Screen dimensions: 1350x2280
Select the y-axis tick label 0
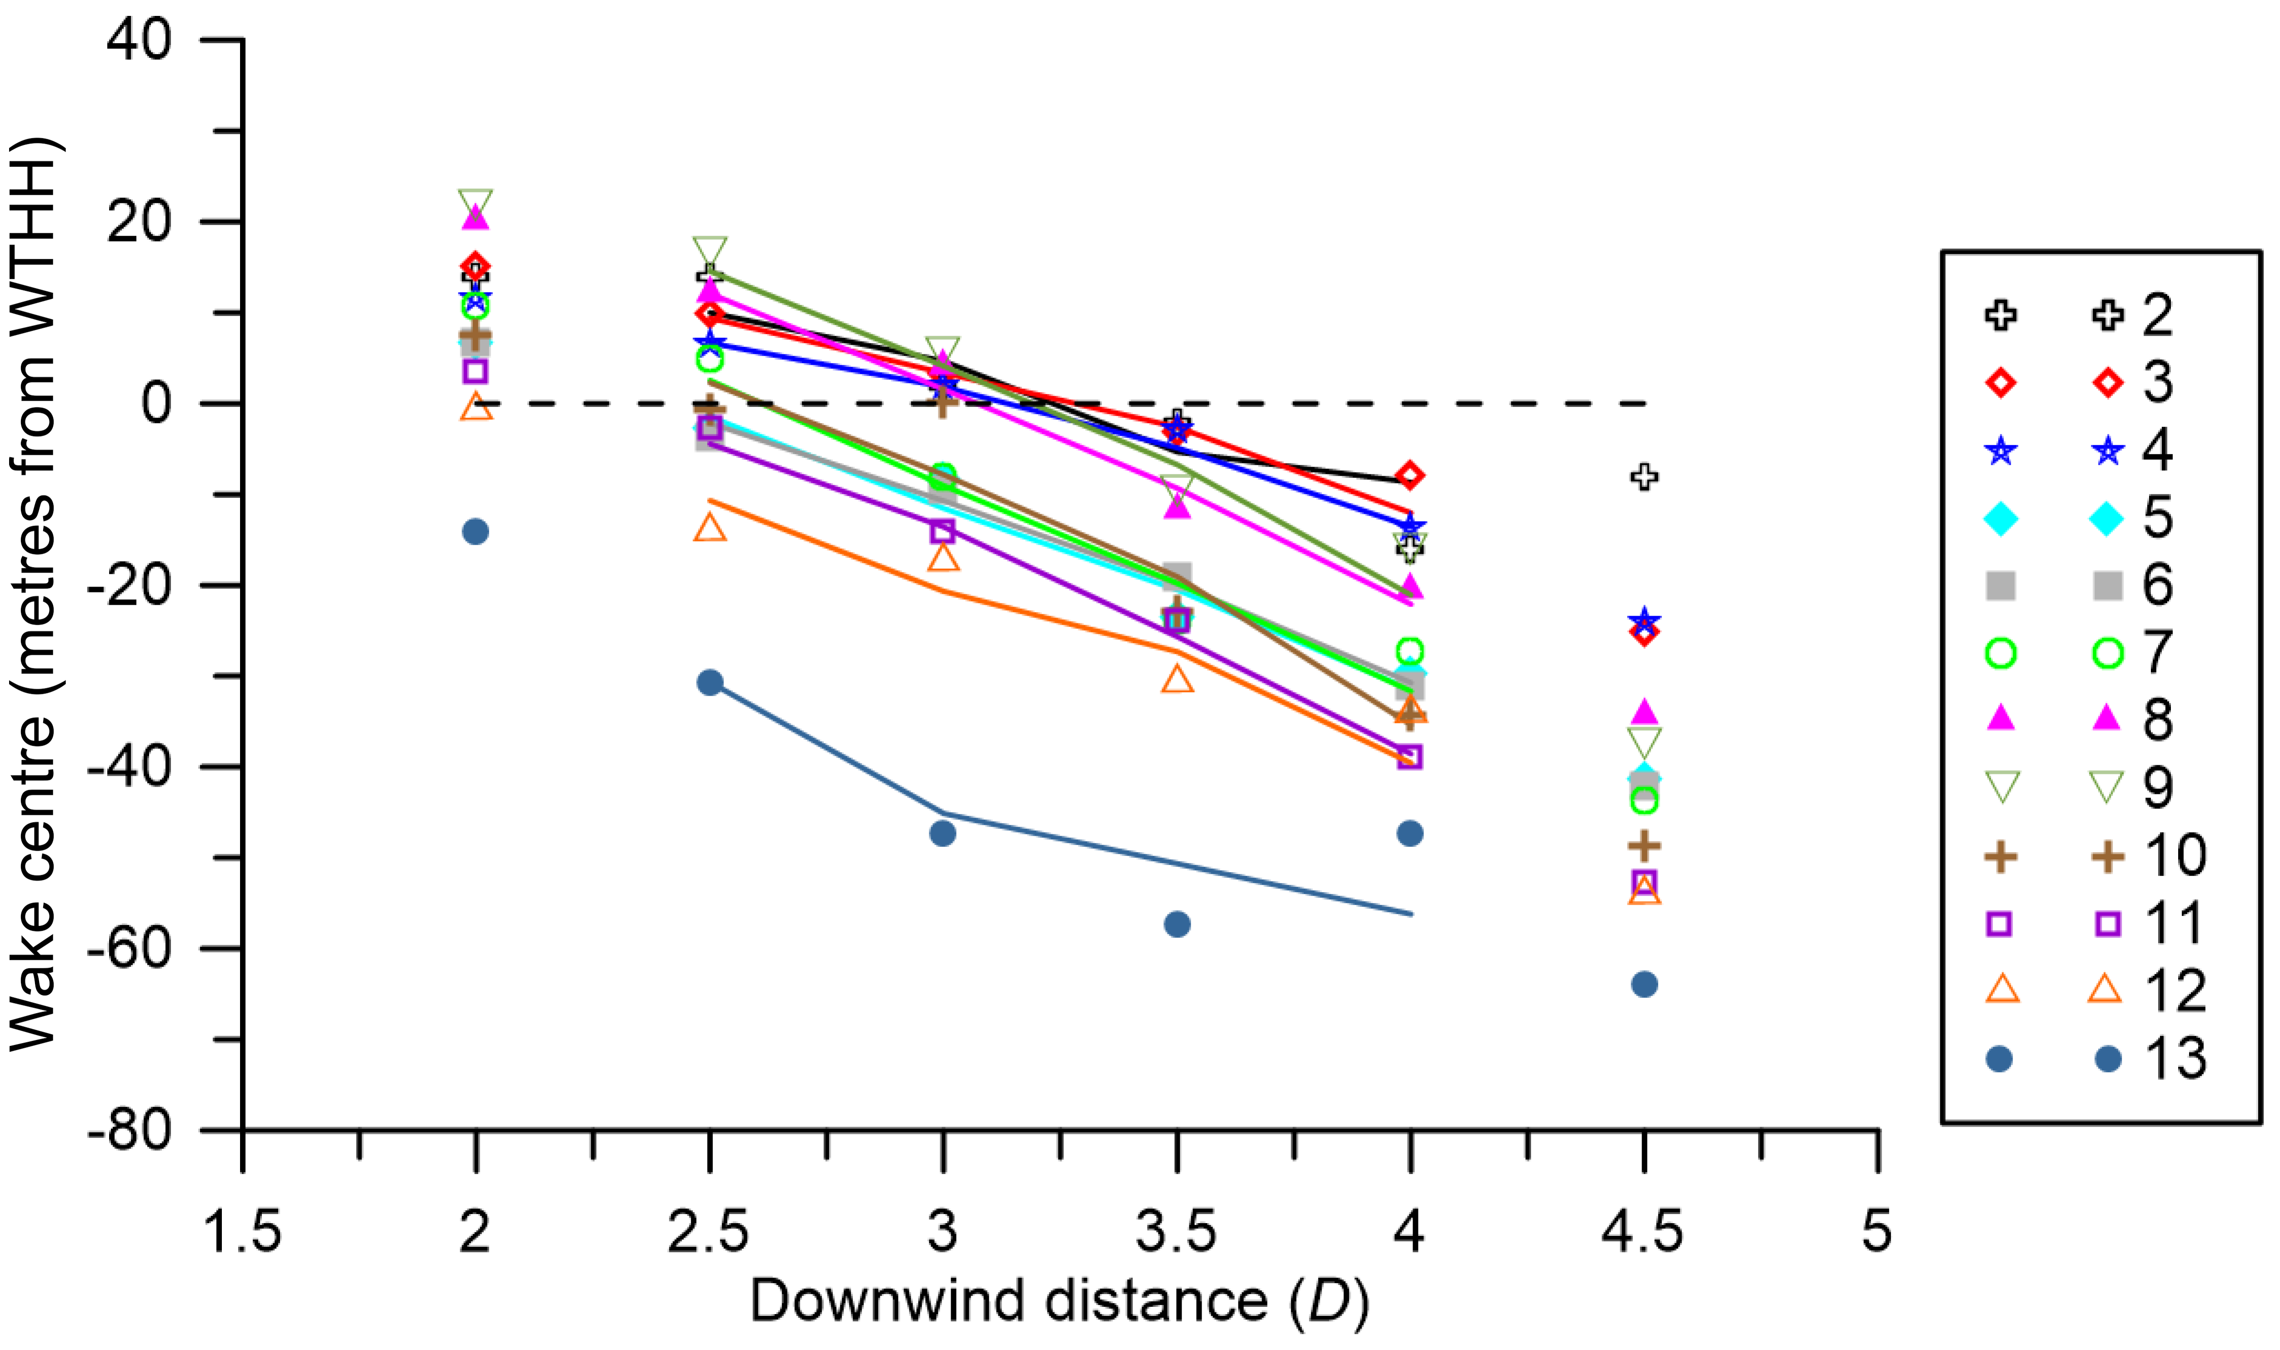[x=156, y=403]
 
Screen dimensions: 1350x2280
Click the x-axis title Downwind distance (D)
[x=1059, y=1301]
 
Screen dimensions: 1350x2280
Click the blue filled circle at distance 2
[x=476, y=531]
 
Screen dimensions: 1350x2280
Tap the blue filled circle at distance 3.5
[x=1177, y=924]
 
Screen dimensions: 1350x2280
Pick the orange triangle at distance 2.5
[x=710, y=527]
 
